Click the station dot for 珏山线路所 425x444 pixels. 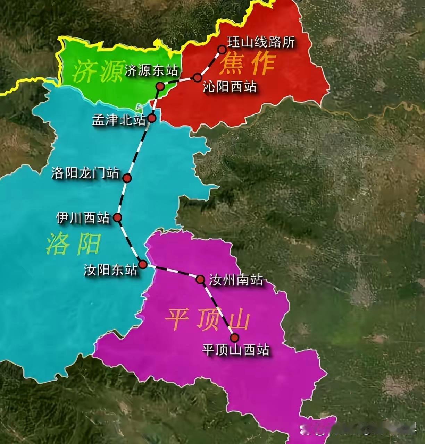(x=222, y=49)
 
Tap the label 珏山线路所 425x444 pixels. (x=261, y=42)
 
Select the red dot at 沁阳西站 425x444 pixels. (x=197, y=77)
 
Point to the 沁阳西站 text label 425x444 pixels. (x=230, y=87)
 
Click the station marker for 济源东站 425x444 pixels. (x=160, y=86)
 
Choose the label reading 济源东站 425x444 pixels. (x=151, y=70)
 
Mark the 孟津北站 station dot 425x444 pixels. (x=152, y=118)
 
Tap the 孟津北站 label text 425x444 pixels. (x=119, y=120)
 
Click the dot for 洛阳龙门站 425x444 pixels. (x=127, y=178)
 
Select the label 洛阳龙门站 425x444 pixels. (x=85, y=173)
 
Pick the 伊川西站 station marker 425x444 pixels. (x=118, y=217)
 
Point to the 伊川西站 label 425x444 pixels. (x=83, y=218)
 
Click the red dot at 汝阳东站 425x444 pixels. (x=142, y=264)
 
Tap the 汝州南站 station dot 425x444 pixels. (x=200, y=279)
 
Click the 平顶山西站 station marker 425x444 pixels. (x=235, y=338)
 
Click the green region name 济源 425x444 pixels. (x=95, y=71)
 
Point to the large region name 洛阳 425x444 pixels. (x=73, y=244)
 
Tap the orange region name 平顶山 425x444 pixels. (x=207, y=319)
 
